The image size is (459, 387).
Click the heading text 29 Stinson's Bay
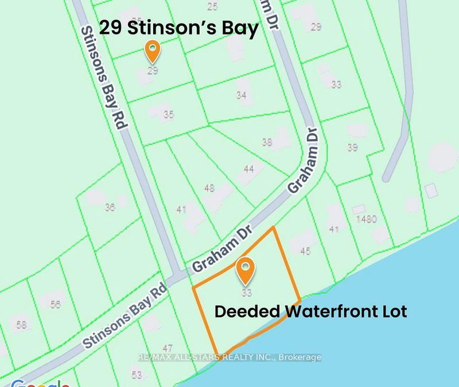click(179, 29)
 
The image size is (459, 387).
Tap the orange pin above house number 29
click(152, 51)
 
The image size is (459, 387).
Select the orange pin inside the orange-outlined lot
click(246, 271)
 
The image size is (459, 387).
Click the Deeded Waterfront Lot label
click(310, 312)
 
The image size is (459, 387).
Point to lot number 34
click(241, 95)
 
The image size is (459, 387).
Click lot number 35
click(168, 115)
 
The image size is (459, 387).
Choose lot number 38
click(267, 142)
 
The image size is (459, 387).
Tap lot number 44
click(248, 169)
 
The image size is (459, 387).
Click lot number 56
click(55, 304)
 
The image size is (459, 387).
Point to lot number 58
click(22, 326)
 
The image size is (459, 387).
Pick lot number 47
click(168, 348)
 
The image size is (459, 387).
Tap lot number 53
click(137, 375)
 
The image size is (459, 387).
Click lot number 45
click(305, 250)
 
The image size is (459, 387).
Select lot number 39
click(352, 148)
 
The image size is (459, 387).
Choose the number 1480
click(365, 219)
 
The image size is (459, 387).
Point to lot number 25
click(212, 7)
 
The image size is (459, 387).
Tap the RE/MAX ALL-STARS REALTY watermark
click(229, 357)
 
